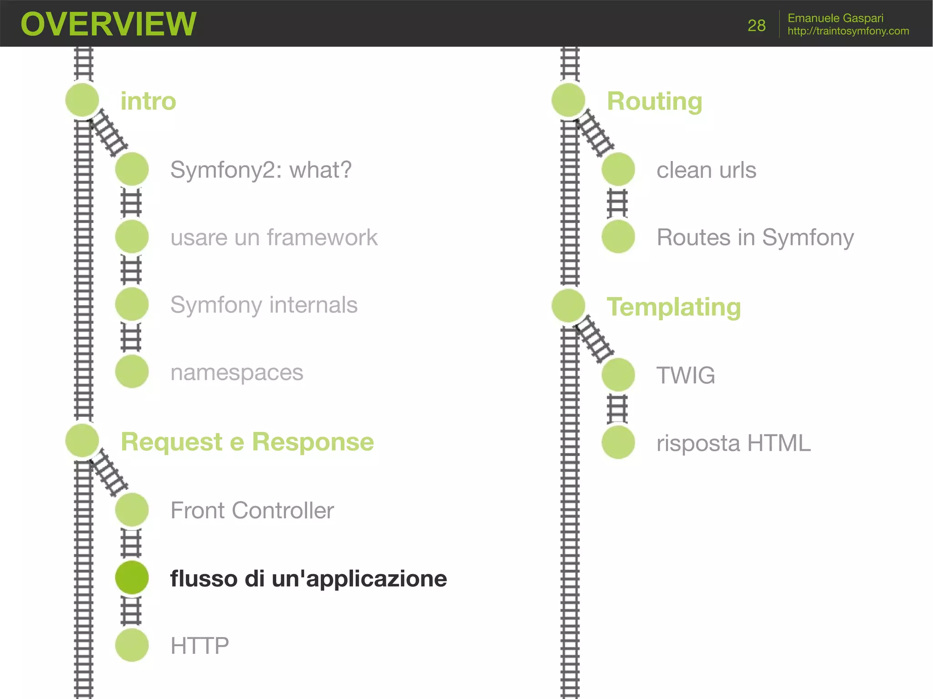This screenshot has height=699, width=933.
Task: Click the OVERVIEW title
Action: [108, 24]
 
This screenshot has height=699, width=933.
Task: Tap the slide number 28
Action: [756, 26]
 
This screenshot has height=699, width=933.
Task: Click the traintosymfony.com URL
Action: [848, 31]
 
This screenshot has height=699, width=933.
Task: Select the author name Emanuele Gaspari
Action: [835, 18]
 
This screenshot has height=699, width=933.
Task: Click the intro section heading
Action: [148, 101]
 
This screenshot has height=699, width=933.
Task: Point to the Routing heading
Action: [654, 101]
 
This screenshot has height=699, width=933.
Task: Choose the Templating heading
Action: [673, 307]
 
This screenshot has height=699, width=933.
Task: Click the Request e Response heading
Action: [247, 442]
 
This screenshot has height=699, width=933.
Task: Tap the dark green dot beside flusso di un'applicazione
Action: [132, 577]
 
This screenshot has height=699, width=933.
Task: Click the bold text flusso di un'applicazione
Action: [308, 579]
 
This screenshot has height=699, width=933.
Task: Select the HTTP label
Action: [200, 646]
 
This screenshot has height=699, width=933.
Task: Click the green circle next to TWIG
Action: [618, 375]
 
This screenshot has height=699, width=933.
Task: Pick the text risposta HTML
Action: [733, 443]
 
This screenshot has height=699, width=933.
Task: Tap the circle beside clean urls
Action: [618, 169]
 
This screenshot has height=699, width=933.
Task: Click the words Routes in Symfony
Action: [755, 238]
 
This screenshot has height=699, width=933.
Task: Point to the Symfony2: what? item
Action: [261, 170]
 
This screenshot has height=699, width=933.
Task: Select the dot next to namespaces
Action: [132, 372]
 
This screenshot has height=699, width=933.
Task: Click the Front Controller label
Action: [252, 510]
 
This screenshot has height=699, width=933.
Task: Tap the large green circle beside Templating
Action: [568, 306]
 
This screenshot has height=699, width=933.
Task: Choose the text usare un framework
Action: [274, 238]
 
